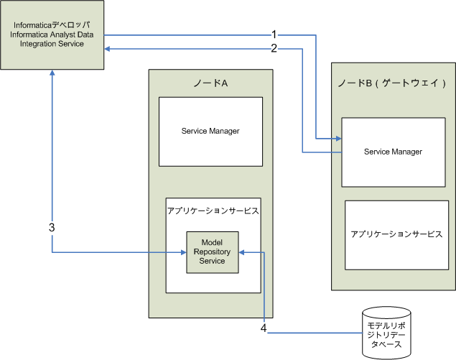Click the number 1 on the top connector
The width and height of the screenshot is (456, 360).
coord(274,34)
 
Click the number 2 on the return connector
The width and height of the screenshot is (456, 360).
coord(274,49)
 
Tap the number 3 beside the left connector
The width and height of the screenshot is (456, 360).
coord(52,227)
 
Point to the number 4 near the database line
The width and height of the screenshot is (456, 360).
coord(264,328)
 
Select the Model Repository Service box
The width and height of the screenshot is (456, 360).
coord(213,251)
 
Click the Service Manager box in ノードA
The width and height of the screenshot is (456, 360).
coord(210,131)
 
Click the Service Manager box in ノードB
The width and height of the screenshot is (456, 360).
coord(393,152)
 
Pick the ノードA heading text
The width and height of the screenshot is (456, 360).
coord(210,83)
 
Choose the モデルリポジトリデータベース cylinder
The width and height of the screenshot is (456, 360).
coord(387,332)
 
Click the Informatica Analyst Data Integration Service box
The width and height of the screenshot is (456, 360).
coord(52,35)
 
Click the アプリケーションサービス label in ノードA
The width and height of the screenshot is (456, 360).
coord(213,212)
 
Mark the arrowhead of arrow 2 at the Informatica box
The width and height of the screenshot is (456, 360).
coord(108,48)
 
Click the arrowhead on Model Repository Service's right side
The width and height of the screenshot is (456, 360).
coord(243,252)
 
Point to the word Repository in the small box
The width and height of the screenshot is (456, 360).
coord(213,251)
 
